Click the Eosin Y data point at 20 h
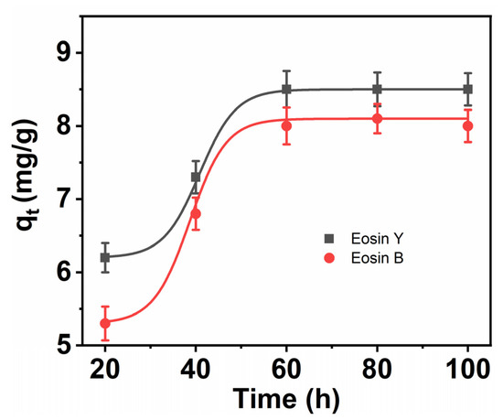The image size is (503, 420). (x=105, y=257)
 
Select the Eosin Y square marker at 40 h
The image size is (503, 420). (x=196, y=177)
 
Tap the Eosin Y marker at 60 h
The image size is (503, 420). (x=286, y=89)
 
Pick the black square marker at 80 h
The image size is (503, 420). (x=377, y=89)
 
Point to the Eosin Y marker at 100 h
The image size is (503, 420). (x=467, y=89)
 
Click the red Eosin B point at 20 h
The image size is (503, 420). (x=105, y=323)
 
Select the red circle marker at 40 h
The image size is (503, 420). (x=196, y=213)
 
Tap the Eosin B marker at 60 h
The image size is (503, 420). (x=286, y=126)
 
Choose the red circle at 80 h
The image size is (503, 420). (x=377, y=119)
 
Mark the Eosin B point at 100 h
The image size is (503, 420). (x=467, y=126)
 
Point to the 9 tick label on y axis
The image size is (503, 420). (x=65, y=53)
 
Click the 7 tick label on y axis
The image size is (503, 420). (x=65, y=199)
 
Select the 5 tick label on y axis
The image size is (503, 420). (x=65, y=345)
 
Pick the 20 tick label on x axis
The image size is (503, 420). (x=105, y=371)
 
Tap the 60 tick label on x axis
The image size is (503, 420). (x=286, y=371)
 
